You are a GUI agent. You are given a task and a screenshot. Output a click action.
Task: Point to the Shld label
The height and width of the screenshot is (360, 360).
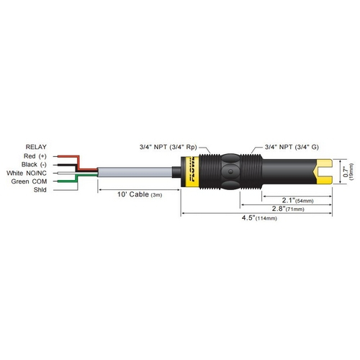pyautogui.click(x=40, y=190)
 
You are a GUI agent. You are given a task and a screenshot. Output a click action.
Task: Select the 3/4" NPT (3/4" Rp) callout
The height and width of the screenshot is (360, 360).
pyautogui.click(x=168, y=145)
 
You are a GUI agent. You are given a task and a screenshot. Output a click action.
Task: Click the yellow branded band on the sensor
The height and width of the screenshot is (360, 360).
pyautogui.click(x=192, y=173)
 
